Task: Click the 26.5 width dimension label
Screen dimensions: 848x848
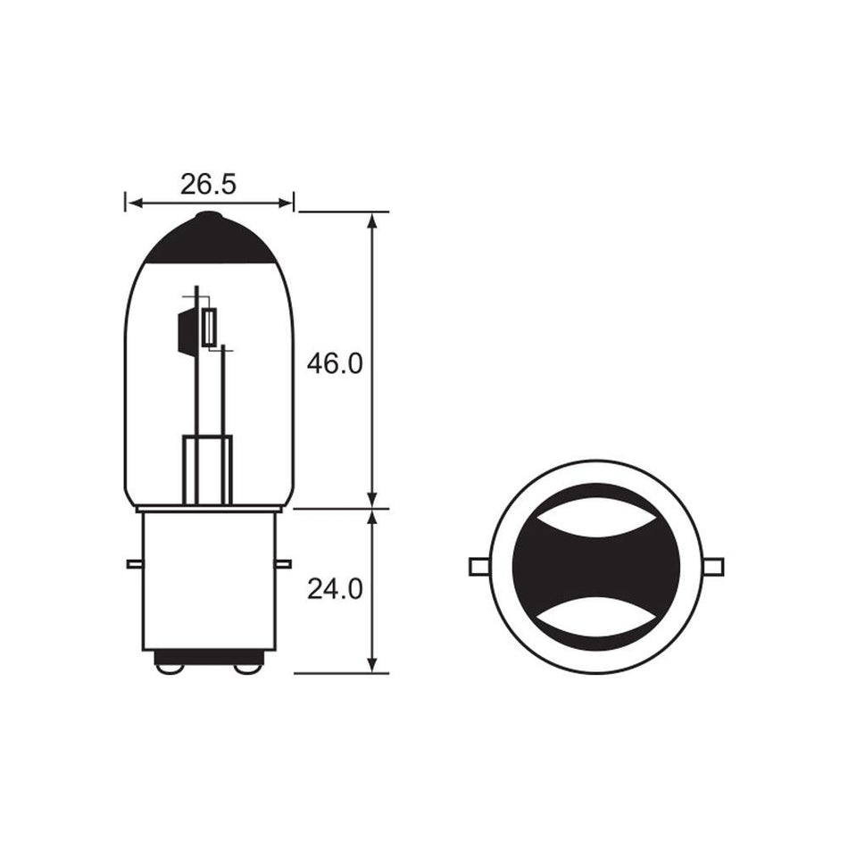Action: click(208, 185)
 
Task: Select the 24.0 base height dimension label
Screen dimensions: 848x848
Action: click(335, 590)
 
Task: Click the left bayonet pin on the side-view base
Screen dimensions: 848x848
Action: click(134, 563)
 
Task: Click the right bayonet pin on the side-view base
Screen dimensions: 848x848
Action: click(284, 563)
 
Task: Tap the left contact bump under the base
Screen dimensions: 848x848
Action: click(169, 666)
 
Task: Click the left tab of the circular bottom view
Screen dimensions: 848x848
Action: click(479, 567)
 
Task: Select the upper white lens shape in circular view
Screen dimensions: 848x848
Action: click(596, 519)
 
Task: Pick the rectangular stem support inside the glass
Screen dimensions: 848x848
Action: click(207, 470)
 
